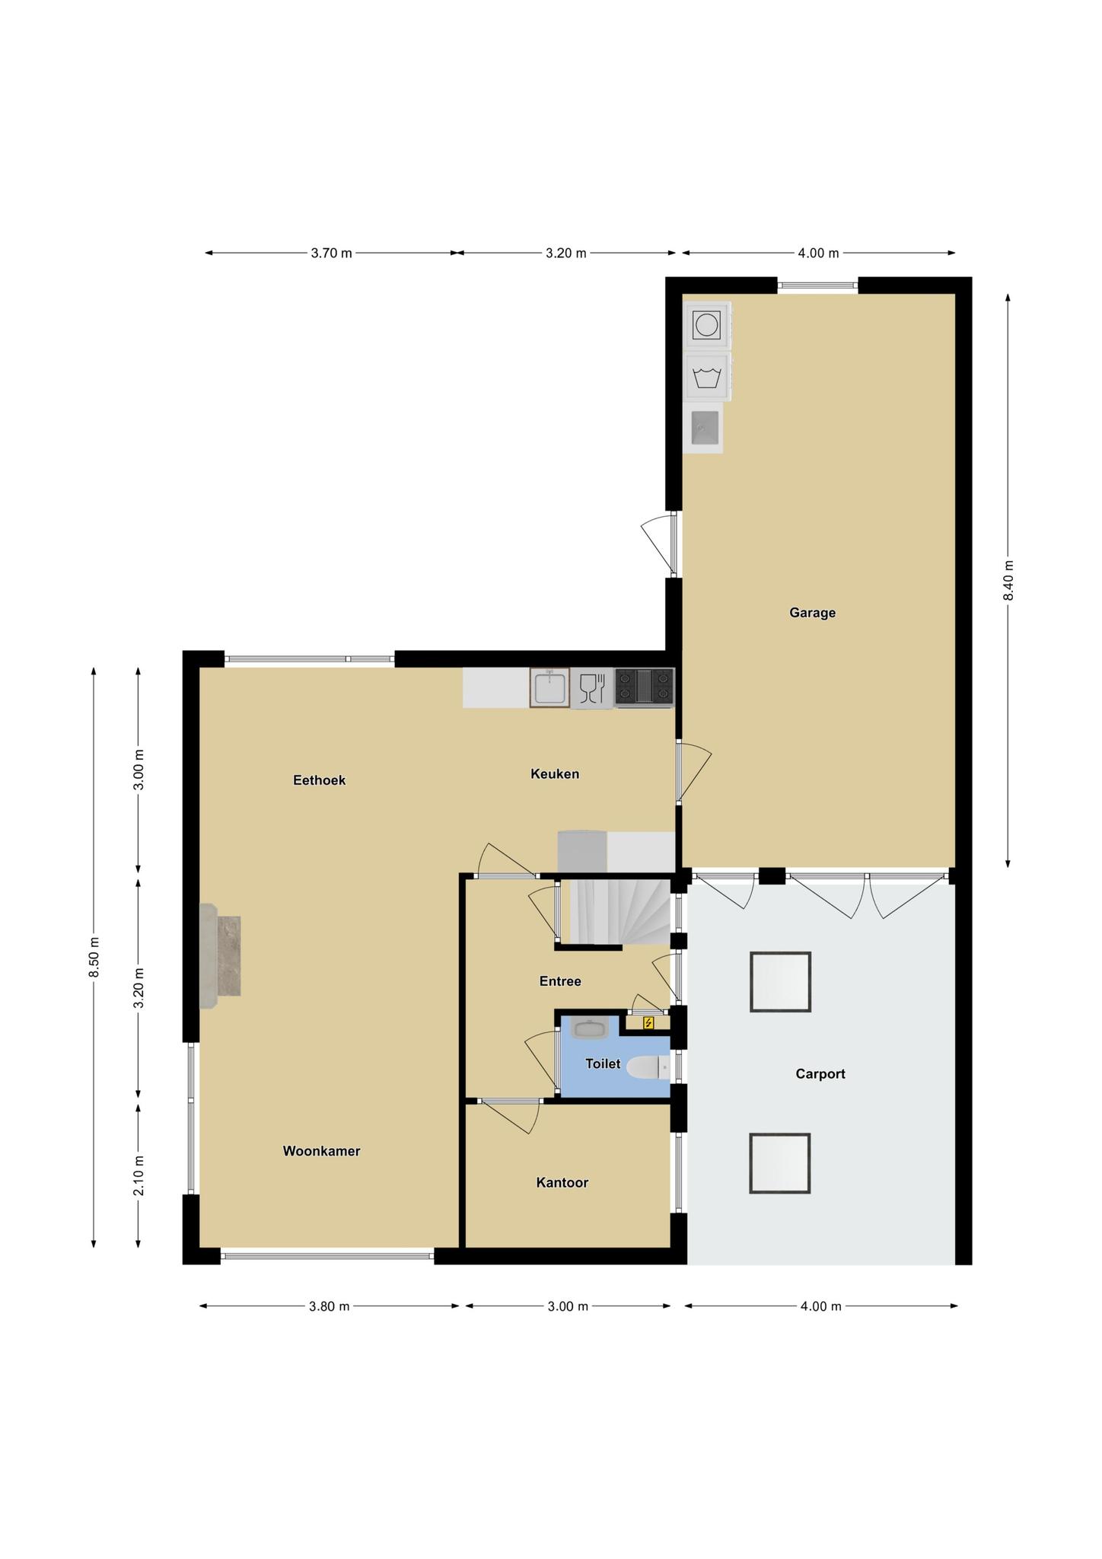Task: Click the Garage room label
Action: [812, 613]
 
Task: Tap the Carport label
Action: [820, 1074]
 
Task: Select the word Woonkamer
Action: [321, 1151]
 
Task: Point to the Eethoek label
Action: [320, 780]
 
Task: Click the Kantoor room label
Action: [562, 1182]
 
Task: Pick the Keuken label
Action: [555, 774]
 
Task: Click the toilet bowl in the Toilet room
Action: [648, 1067]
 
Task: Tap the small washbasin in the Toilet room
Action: [590, 1028]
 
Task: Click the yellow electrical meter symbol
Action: [648, 1022]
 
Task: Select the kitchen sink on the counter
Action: [549, 688]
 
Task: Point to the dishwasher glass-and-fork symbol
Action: [592, 688]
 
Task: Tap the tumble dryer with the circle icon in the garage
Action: [707, 325]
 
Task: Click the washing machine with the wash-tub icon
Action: [707, 377]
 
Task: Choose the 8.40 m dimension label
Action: [1008, 581]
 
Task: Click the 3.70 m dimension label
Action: [331, 253]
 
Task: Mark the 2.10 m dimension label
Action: [139, 1176]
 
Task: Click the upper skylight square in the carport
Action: [780, 982]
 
